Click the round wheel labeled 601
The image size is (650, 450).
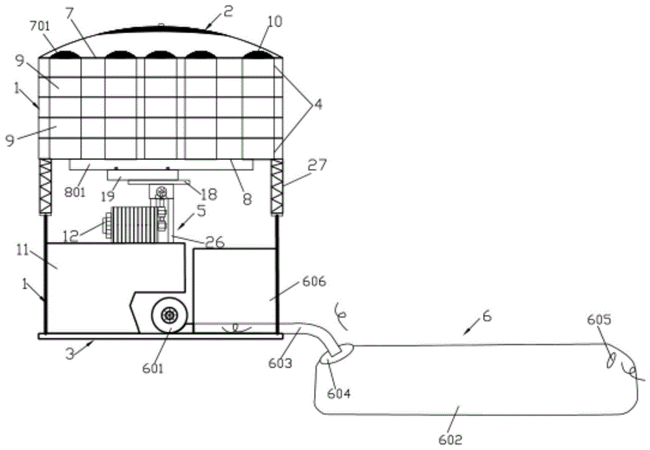(x=170, y=315)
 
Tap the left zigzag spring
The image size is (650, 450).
(x=45, y=185)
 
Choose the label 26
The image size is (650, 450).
(x=214, y=243)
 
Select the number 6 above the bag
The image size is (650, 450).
(x=486, y=316)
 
